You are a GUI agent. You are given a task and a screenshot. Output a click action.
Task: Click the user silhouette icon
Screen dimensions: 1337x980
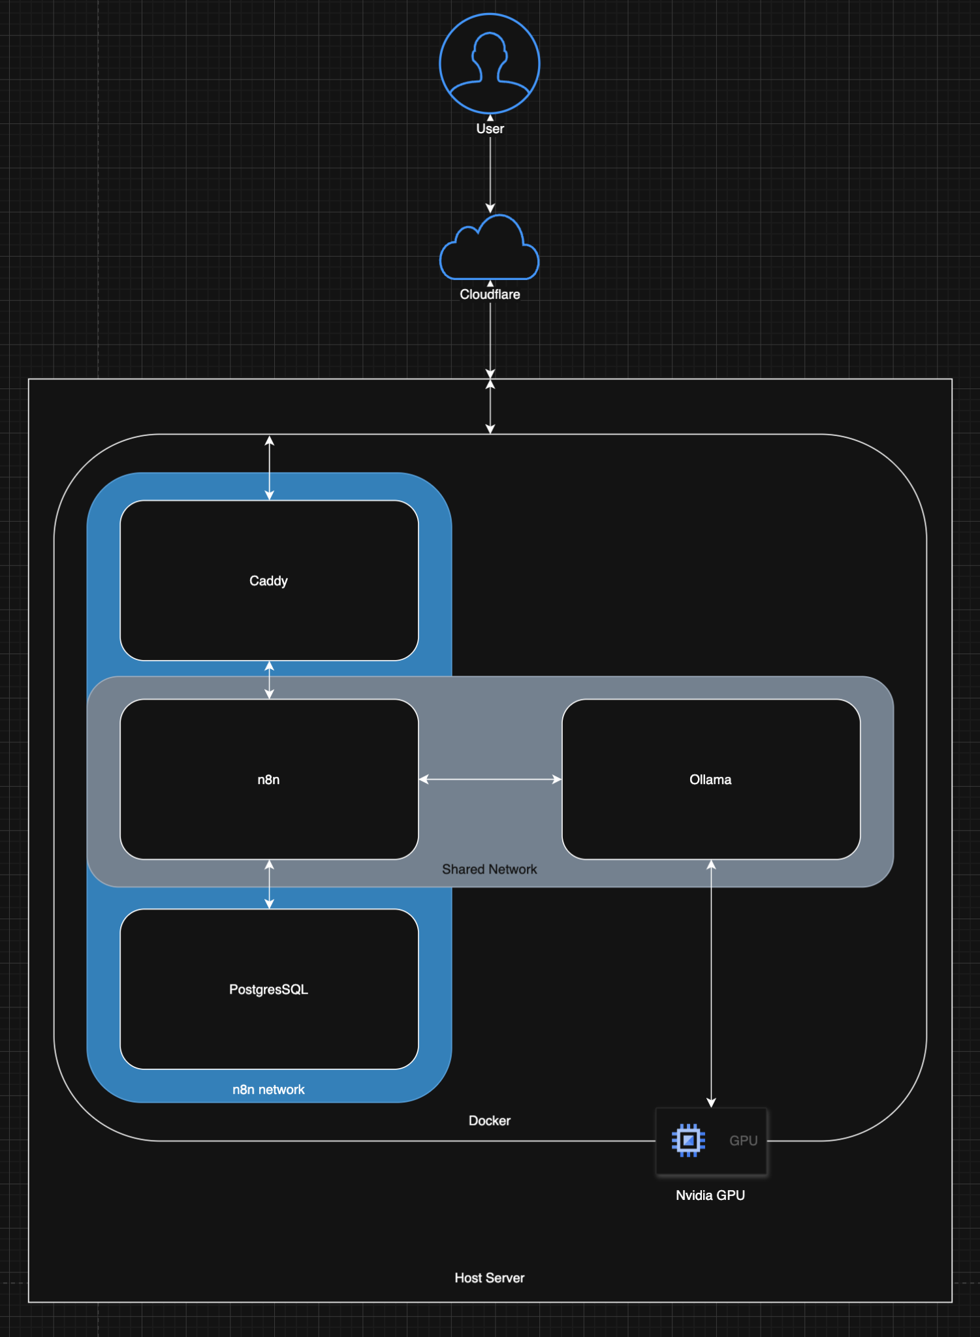pos(490,64)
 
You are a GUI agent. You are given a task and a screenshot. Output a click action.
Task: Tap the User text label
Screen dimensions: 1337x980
pos(490,129)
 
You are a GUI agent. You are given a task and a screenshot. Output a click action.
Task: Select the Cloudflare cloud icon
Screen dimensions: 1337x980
pos(490,248)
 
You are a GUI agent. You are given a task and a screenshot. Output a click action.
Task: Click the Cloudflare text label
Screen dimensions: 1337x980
pos(490,294)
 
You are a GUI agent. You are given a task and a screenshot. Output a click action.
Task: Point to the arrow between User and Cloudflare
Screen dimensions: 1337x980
pos(490,173)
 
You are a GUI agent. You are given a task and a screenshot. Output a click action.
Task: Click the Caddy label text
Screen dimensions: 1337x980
pos(268,581)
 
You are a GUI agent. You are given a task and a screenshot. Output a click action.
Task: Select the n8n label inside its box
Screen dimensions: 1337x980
pos(268,779)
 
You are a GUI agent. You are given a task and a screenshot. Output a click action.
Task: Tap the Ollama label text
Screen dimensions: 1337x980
pos(710,779)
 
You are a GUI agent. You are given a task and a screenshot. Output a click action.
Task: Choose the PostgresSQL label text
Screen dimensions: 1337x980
pos(268,990)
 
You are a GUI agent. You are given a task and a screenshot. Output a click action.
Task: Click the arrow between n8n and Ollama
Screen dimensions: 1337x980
pos(490,779)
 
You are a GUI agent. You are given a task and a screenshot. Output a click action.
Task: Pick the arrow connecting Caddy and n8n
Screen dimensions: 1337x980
pos(269,680)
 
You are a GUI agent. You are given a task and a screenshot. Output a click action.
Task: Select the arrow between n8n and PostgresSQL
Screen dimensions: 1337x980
pos(269,885)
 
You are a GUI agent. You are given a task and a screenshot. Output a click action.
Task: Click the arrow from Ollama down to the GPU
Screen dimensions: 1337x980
pos(711,983)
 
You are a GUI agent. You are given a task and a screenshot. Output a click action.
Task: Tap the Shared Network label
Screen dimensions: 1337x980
pos(489,870)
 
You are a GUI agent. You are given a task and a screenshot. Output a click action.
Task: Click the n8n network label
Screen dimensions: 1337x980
pos(268,1090)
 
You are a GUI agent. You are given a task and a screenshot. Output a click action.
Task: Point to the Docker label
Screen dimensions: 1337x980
pos(489,1121)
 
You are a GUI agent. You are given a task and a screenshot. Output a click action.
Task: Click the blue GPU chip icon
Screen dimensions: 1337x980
pos(688,1140)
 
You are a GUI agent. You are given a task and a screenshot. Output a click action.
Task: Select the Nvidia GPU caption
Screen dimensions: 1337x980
pos(710,1195)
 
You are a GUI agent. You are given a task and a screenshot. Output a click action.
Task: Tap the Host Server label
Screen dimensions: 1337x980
pos(489,1278)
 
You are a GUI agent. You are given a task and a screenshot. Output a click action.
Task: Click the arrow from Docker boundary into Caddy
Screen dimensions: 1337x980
pos(269,468)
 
